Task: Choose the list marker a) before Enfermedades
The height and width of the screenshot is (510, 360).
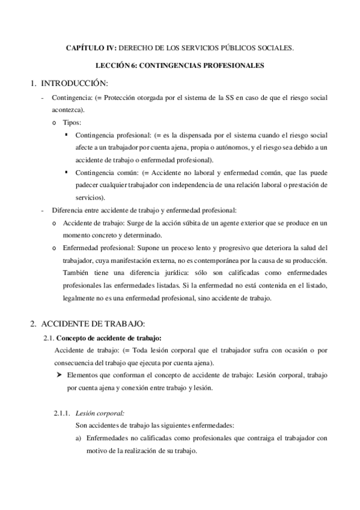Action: (x=78, y=438)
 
